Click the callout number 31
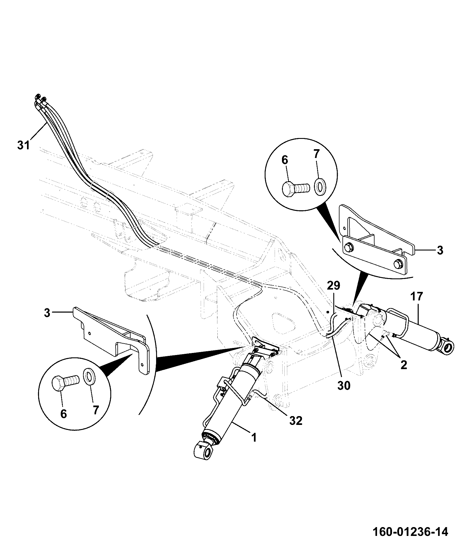point(23,145)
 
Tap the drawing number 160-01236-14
point(410,532)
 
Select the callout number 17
point(417,296)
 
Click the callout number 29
point(333,285)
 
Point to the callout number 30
point(344,386)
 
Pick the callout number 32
point(295,421)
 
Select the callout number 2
point(404,365)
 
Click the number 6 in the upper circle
point(285,160)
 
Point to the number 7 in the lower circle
point(96,410)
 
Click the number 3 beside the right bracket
point(440,250)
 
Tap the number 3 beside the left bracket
point(47,313)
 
